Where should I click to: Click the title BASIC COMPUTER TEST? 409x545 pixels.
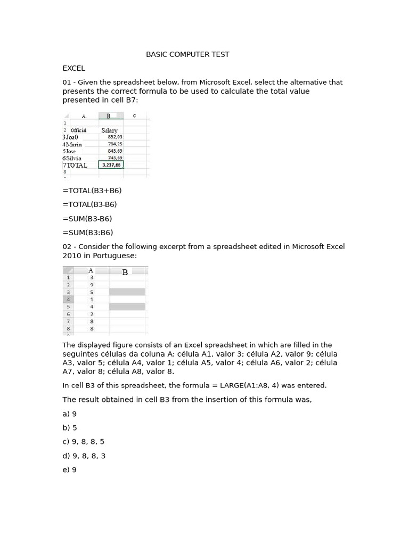pyautogui.click(x=187, y=54)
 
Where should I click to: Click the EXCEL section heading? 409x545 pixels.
pyautogui.click(x=73, y=68)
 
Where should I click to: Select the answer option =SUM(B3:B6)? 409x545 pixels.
pyautogui.click(x=87, y=233)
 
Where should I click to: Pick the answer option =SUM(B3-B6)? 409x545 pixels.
pyautogui.click(x=87, y=219)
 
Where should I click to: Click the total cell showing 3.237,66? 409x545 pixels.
pyautogui.click(x=111, y=165)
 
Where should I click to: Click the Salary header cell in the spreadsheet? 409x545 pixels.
pyautogui.click(x=109, y=130)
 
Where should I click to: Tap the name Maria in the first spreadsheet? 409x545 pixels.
pyautogui.click(x=73, y=144)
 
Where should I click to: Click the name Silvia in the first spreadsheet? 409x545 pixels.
pyautogui.click(x=73, y=158)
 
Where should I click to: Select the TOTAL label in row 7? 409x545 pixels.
pyautogui.click(x=76, y=166)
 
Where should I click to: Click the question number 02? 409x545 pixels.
pyautogui.click(x=67, y=246)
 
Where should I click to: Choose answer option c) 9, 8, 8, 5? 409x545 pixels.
pyautogui.click(x=84, y=442)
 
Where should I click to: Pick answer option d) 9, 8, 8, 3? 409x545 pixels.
pyautogui.click(x=84, y=456)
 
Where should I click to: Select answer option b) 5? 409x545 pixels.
pyautogui.click(x=70, y=427)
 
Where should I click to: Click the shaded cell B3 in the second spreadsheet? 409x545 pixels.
pyautogui.click(x=127, y=292)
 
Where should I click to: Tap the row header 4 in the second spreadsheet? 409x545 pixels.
pyautogui.click(x=68, y=299)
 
